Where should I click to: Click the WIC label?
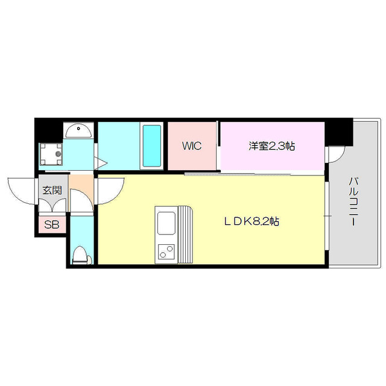[192, 146]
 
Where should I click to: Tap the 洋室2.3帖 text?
[272, 146]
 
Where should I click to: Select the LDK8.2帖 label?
[252, 221]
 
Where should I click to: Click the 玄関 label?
[52, 190]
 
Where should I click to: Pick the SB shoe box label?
[52, 225]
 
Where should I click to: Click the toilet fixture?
[80, 256]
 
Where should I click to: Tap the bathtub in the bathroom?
[151, 147]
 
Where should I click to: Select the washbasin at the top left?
[78, 130]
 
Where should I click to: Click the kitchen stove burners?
[165, 252]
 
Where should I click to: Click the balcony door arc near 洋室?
[335, 154]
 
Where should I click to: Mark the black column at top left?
[48, 128]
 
